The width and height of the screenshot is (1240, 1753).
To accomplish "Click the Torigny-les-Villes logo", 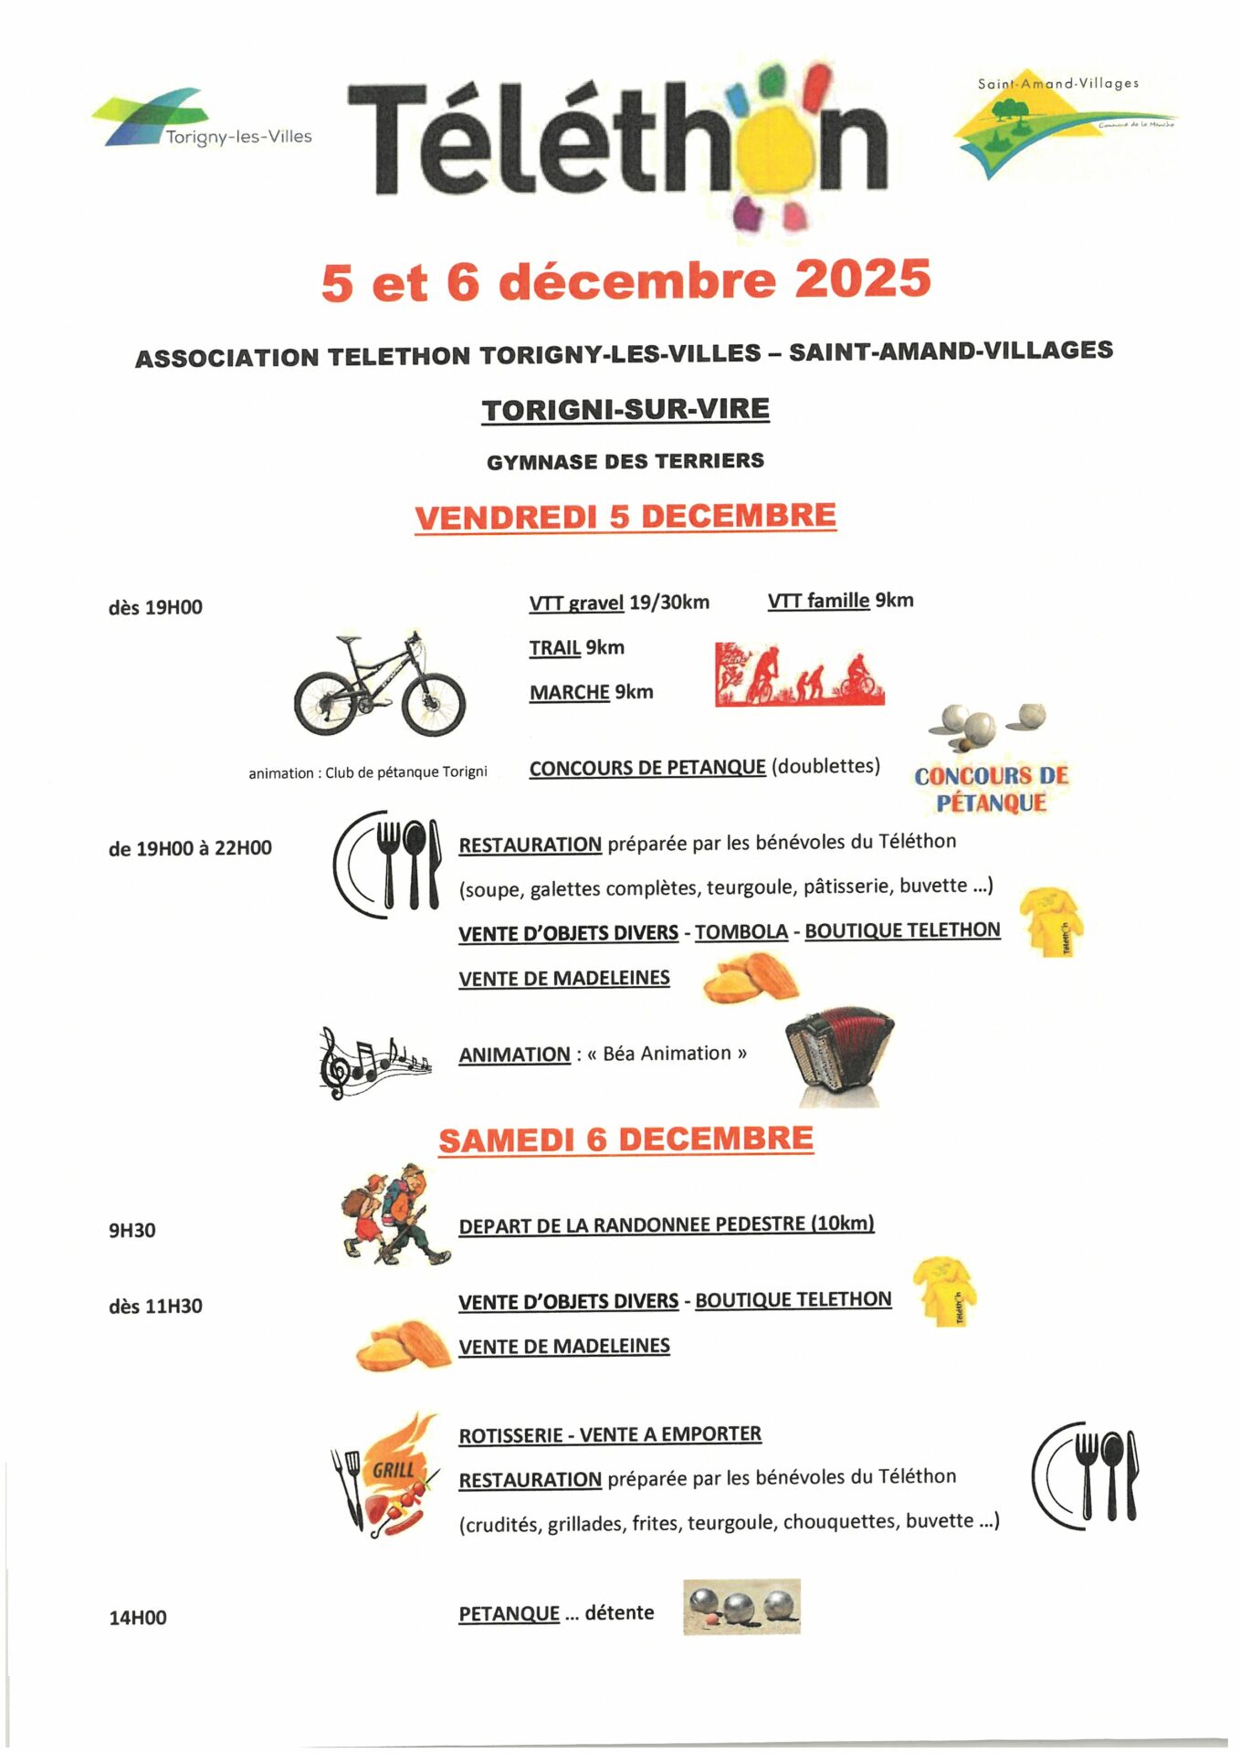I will (x=202, y=119).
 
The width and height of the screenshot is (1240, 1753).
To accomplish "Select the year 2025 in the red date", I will (x=862, y=278).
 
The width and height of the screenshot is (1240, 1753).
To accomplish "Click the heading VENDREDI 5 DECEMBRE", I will (x=625, y=517).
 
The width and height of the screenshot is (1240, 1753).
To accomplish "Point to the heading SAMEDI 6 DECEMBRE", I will (x=625, y=1140).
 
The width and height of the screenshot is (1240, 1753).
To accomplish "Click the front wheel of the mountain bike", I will (x=434, y=703).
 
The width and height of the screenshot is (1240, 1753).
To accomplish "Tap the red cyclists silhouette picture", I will (x=799, y=675).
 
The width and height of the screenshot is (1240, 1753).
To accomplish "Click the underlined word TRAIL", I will (x=555, y=648).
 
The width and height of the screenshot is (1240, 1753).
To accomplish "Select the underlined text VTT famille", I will (x=818, y=601).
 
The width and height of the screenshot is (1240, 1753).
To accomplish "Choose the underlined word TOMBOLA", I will (x=741, y=932).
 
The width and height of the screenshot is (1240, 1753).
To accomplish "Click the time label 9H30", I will (x=132, y=1231).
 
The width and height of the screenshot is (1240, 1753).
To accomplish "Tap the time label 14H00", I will (x=138, y=1618).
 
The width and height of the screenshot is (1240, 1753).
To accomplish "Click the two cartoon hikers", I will (x=395, y=1218).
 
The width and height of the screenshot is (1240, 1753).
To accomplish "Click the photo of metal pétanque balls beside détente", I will (x=741, y=1607).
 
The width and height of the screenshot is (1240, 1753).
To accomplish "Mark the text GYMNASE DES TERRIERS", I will (x=625, y=462).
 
